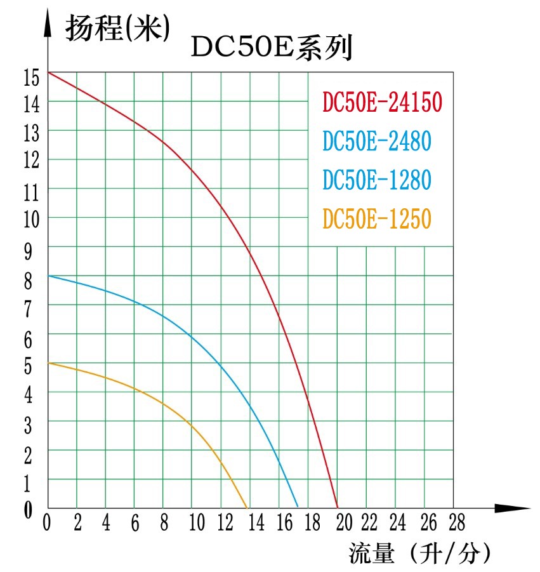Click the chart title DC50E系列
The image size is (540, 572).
pos(272,48)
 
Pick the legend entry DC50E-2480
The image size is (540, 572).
pos(376,140)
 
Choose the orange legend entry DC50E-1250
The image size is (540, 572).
pos(376,219)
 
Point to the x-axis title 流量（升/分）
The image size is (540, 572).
pos(419,554)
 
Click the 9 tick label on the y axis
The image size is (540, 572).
pos(28,253)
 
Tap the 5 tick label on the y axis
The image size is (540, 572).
pos(28,366)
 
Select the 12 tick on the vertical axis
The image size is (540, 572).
pos(31,161)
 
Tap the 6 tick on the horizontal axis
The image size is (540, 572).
pos(135,524)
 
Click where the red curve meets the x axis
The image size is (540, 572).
pos(337,507)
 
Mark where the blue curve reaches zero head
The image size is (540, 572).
pos(298,507)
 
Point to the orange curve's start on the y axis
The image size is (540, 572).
pos(48,362)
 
